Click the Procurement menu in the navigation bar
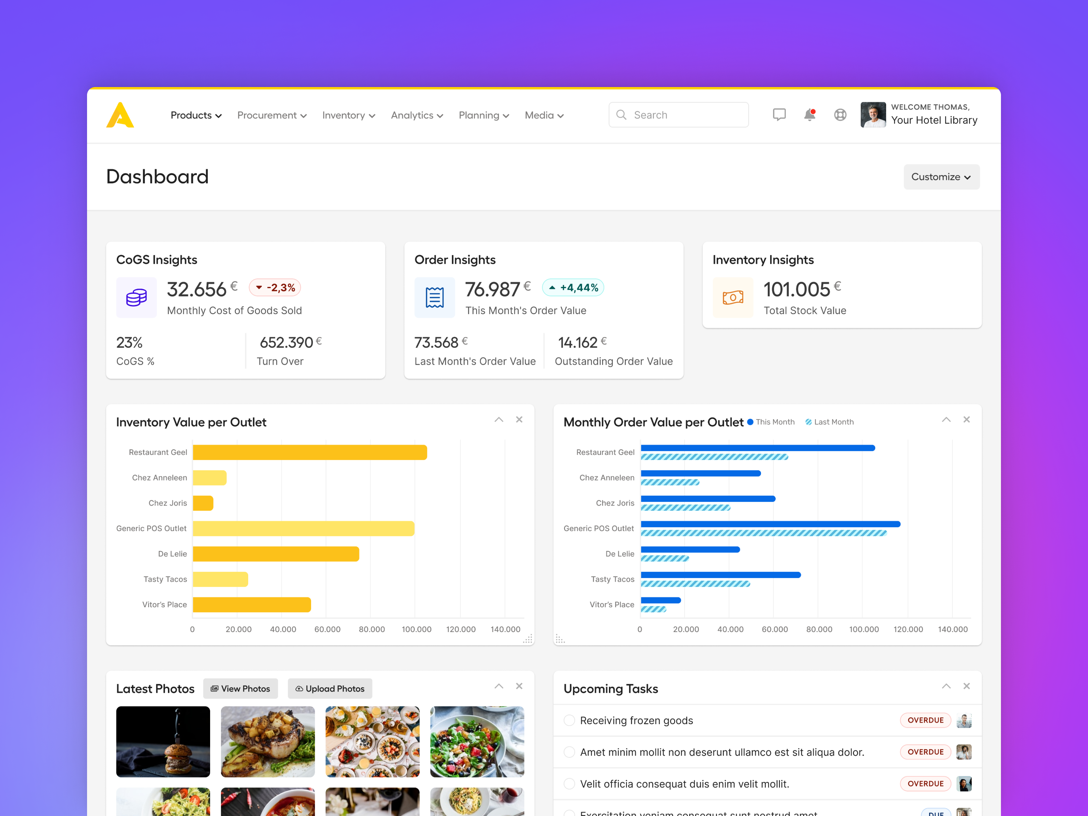pos(272,115)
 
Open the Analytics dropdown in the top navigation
pos(417,115)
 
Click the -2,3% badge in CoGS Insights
pos(275,288)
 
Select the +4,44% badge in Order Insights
pos(573,288)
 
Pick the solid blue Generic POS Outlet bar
pos(770,524)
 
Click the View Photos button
pos(240,688)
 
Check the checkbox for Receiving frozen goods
pos(569,720)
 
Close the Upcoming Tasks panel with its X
pos(967,686)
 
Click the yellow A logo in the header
pos(120,115)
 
